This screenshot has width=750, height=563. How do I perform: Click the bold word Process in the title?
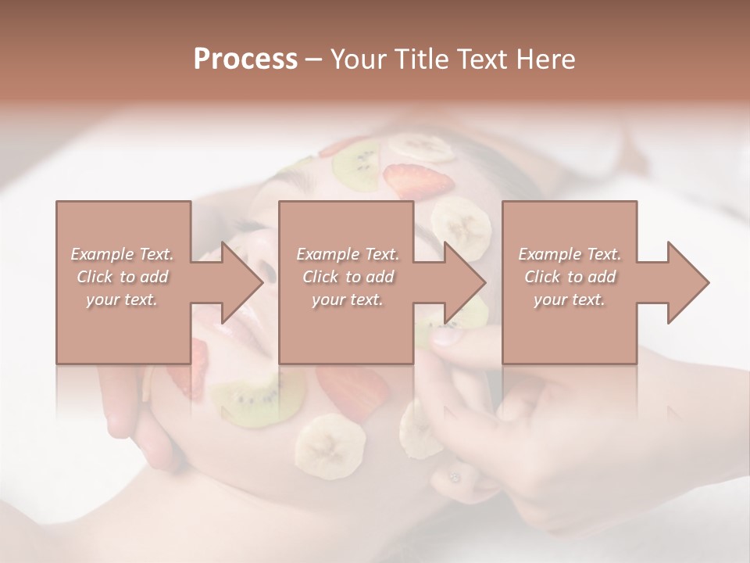point(245,59)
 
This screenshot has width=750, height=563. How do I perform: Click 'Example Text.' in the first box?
point(123,254)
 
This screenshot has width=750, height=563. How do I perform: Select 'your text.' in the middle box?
point(348,299)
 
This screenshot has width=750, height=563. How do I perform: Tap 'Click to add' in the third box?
point(570,277)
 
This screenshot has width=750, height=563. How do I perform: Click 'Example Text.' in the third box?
point(570,254)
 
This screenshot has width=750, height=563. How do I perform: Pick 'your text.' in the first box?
point(123,299)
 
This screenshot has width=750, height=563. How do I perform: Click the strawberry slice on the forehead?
point(420,181)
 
